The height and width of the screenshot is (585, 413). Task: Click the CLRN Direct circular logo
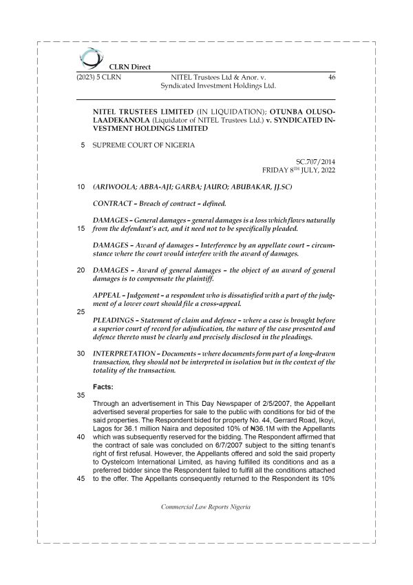[x=89, y=58]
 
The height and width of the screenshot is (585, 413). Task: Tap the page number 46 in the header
[x=332, y=79]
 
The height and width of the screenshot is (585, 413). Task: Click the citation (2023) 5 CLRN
[x=99, y=79]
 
